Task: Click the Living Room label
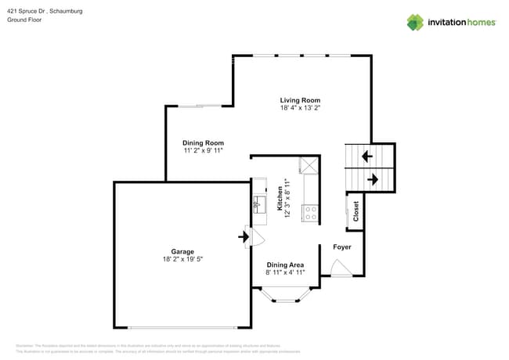[x=301, y=100]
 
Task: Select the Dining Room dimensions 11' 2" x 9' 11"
[x=204, y=150]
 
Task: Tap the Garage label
[x=182, y=251]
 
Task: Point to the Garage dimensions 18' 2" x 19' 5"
[x=182, y=259]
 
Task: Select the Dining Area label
[x=285, y=265]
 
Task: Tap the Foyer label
[x=342, y=247]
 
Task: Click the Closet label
[x=356, y=211]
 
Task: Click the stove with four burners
[x=310, y=211]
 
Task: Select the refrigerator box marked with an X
[x=309, y=165]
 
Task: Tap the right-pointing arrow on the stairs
[x=373, y=180]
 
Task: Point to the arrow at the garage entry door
[x=243, y=235]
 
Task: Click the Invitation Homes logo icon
[x=414, y=22]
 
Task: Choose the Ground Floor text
[x=25, y=20]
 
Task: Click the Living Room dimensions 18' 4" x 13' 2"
[x=301, y=108]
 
